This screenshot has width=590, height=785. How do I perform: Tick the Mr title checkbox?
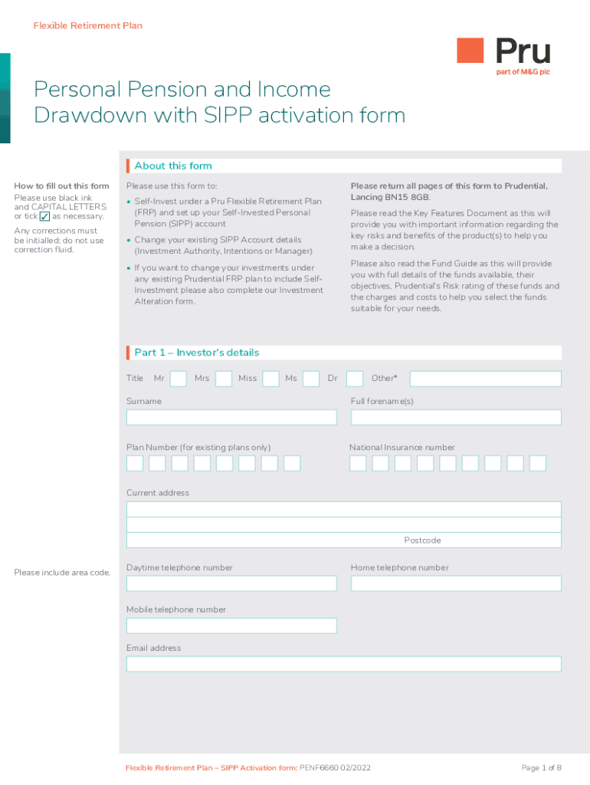click(x=179, y=379)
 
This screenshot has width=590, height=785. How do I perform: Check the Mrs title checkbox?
click(x=224, y=379)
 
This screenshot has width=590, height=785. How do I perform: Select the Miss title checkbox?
click(x=270, y=379)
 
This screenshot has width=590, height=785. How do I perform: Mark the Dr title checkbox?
click(x=355, y=379)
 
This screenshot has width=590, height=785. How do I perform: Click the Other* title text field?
click(x=486, y=379)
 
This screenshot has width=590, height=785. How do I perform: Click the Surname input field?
click(x=231, y=417)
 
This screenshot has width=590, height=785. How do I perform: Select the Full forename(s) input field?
click(x=456, y=417)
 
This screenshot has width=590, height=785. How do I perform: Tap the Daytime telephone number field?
click(x=231, y=583)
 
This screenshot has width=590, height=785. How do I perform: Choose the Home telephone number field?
click(x=456, y=583)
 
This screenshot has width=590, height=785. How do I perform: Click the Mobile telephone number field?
click(x=231, y=626)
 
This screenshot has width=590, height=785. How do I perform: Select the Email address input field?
click(x=343, y=664)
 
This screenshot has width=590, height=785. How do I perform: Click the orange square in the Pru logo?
click(x=470, y=51)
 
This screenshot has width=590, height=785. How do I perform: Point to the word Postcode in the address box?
click(x=422, y=540)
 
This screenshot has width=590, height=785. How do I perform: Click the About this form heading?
click(x=173, y=166)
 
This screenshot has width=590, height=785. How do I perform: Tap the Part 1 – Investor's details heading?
click(x=197, y=353)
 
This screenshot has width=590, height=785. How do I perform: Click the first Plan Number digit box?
click(x=135, y=463)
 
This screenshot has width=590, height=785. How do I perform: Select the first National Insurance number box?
click(x=358, y=463)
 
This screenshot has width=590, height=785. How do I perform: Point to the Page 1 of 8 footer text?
click(x=542, y=767)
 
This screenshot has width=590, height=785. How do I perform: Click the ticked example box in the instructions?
click(x=44, y=217)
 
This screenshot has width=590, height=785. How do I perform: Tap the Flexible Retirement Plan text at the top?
click(x=88, y=26)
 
